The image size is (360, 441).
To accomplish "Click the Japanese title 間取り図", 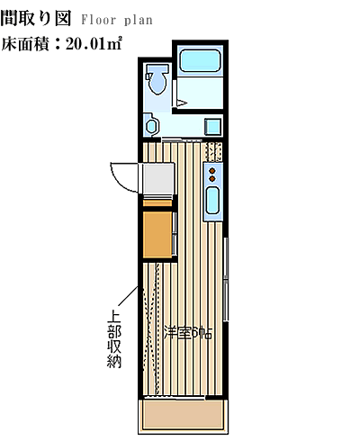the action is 36,19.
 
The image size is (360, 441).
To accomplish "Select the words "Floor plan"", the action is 117,21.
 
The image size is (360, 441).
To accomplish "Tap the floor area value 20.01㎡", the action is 94,44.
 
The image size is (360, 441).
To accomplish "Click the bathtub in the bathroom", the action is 200,60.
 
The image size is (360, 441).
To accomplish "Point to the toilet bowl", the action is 157,80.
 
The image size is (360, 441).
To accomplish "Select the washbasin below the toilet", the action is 151,125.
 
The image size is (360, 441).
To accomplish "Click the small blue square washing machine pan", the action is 212,127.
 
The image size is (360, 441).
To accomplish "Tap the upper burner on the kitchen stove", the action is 212,171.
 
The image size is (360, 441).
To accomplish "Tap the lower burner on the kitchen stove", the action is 212,178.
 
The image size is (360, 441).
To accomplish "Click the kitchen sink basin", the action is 212,200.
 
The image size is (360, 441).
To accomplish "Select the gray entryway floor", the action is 157,178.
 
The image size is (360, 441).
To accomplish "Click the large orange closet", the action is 157,235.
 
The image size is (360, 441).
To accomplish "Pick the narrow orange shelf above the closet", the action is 157,203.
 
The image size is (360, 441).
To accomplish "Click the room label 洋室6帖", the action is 188,333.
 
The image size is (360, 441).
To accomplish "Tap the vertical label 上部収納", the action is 114,340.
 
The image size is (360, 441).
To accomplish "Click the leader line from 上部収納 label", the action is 127,298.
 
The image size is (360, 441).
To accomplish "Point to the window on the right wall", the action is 227,280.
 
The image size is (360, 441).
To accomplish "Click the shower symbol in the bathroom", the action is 182,103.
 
